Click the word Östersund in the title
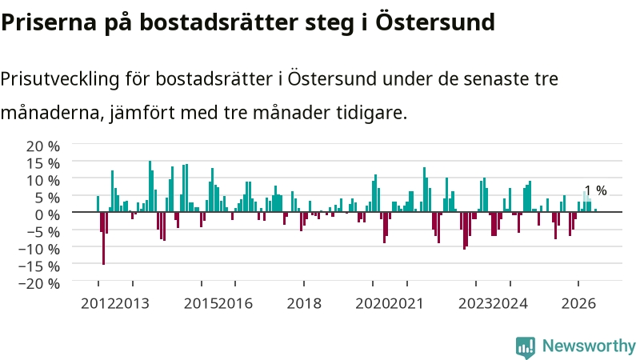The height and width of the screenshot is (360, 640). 435,22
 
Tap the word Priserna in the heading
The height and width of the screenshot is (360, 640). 49,22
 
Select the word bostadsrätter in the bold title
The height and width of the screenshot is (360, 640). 219,22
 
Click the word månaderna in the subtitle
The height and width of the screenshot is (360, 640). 50,112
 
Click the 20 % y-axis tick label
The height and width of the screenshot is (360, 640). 43,146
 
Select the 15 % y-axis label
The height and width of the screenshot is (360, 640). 43,163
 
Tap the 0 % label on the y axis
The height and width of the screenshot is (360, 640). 47,214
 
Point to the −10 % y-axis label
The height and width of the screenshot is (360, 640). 39,249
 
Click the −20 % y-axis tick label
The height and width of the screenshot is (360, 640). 39,283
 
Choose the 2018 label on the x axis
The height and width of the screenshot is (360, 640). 304,303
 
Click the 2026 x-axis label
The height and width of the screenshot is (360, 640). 578,303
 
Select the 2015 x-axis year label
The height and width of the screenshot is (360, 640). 201,303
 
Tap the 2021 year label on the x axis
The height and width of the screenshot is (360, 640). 406,303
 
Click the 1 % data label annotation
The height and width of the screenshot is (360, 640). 595,190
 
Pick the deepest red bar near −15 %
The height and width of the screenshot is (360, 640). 104,238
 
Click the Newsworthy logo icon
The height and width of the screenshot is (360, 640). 526,347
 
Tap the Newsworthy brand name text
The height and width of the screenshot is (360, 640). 589,346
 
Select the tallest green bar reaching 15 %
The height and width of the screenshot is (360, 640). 150,186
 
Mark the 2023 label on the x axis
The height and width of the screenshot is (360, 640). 475,303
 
